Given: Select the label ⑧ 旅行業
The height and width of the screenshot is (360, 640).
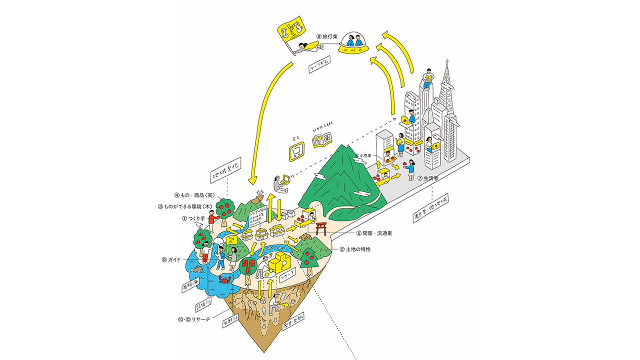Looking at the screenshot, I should [x=329, y=36].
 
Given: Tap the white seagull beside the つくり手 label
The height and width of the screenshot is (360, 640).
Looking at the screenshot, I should [x=200, y=225].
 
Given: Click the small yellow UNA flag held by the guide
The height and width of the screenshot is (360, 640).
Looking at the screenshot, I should [x=232, y=239].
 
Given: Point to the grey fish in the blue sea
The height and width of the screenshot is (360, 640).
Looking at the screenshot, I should [x=198, y=269].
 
